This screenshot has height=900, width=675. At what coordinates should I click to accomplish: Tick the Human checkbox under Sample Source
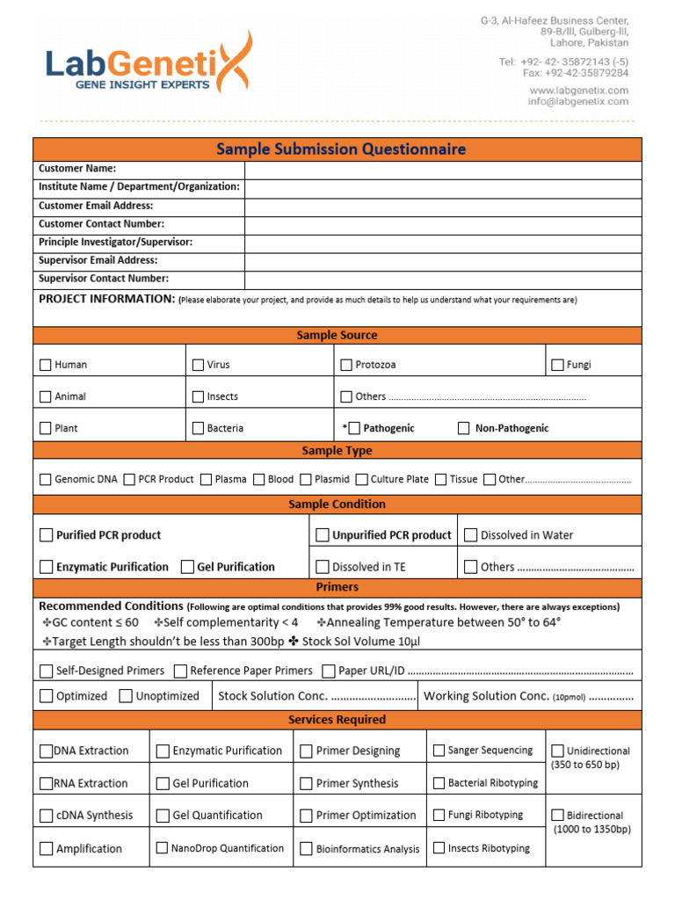click(46, 365)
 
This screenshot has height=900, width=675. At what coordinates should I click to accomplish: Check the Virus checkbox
click(198, 365)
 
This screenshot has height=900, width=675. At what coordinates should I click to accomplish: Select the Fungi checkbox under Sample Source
click(557, 365)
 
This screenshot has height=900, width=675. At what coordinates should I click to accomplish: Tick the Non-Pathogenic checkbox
click(464, 429)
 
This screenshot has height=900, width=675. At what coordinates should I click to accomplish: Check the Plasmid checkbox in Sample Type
click(306, 480)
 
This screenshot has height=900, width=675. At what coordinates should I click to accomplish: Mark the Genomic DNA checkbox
click(46, 480)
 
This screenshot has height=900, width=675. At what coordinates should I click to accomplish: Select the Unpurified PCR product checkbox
click(323, 535)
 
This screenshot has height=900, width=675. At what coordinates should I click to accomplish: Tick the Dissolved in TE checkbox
click(323, 567)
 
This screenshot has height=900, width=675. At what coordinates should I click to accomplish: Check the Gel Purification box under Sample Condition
click(187, 567)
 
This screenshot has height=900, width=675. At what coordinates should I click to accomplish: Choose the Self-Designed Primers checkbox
click(46, 671)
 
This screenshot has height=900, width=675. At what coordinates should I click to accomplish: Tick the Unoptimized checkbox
click(125, 696)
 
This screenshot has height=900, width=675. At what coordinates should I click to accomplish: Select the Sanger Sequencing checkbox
click(439, 751)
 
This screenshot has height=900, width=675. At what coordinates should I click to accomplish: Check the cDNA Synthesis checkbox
click(46, 816)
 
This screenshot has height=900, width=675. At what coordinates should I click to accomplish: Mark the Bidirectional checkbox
click(557, 816)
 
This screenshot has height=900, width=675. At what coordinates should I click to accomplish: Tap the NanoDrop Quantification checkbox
click(163, 848)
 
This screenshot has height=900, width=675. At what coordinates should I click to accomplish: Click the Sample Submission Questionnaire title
click(341, 149)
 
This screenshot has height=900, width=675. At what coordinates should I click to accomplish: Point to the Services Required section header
click(337, 720)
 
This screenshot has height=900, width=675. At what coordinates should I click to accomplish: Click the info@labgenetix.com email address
click(577, 102)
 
